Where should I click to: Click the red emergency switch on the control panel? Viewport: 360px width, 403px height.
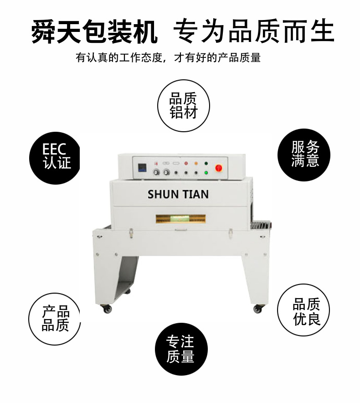[218, 168]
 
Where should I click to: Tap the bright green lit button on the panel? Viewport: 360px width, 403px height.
[206, 173]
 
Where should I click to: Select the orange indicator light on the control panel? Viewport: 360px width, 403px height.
[196, 164]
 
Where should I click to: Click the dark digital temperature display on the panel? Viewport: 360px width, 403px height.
[142, 167]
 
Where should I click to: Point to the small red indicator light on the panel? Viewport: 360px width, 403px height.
[186, 164]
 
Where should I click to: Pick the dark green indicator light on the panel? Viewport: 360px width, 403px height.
[206, 164]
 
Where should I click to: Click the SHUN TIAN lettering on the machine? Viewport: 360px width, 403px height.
[178, 194]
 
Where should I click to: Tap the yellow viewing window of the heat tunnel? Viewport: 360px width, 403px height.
[180, 219]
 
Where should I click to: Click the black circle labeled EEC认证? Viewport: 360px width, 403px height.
[55, 158]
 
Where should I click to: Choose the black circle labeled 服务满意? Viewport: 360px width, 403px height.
[304, 155]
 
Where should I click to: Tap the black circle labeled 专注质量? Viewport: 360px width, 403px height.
[181, 349]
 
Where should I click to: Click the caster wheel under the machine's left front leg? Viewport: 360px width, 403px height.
[107, 309]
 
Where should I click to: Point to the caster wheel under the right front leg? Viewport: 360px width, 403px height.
[257, 309]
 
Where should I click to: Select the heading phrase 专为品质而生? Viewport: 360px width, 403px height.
[254, 31]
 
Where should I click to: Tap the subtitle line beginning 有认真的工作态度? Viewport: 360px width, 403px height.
[168, 57]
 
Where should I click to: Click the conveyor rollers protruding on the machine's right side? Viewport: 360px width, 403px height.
[260, 225]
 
